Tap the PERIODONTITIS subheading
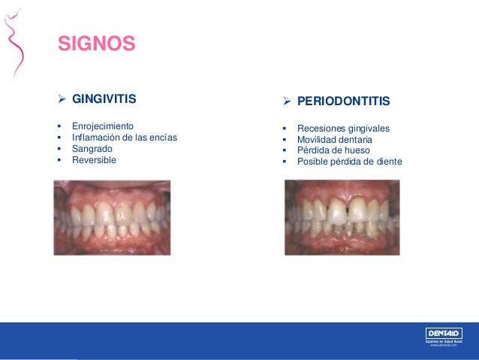click(344, 101)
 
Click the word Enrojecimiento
click(102, 126)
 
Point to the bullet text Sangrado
click(92, 148)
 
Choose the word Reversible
click(94, 159)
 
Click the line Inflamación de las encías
click(125, 137)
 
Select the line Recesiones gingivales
click(343, 129)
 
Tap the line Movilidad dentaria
click(334, 140)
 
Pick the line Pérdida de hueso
click(333, 150)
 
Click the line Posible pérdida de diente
click(350, 162)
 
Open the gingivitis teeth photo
click(112, 217)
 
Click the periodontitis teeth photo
click(342, 217)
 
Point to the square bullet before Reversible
click(59, 159)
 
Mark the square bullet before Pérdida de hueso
click(284, 150)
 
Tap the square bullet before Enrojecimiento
click(59, 126)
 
